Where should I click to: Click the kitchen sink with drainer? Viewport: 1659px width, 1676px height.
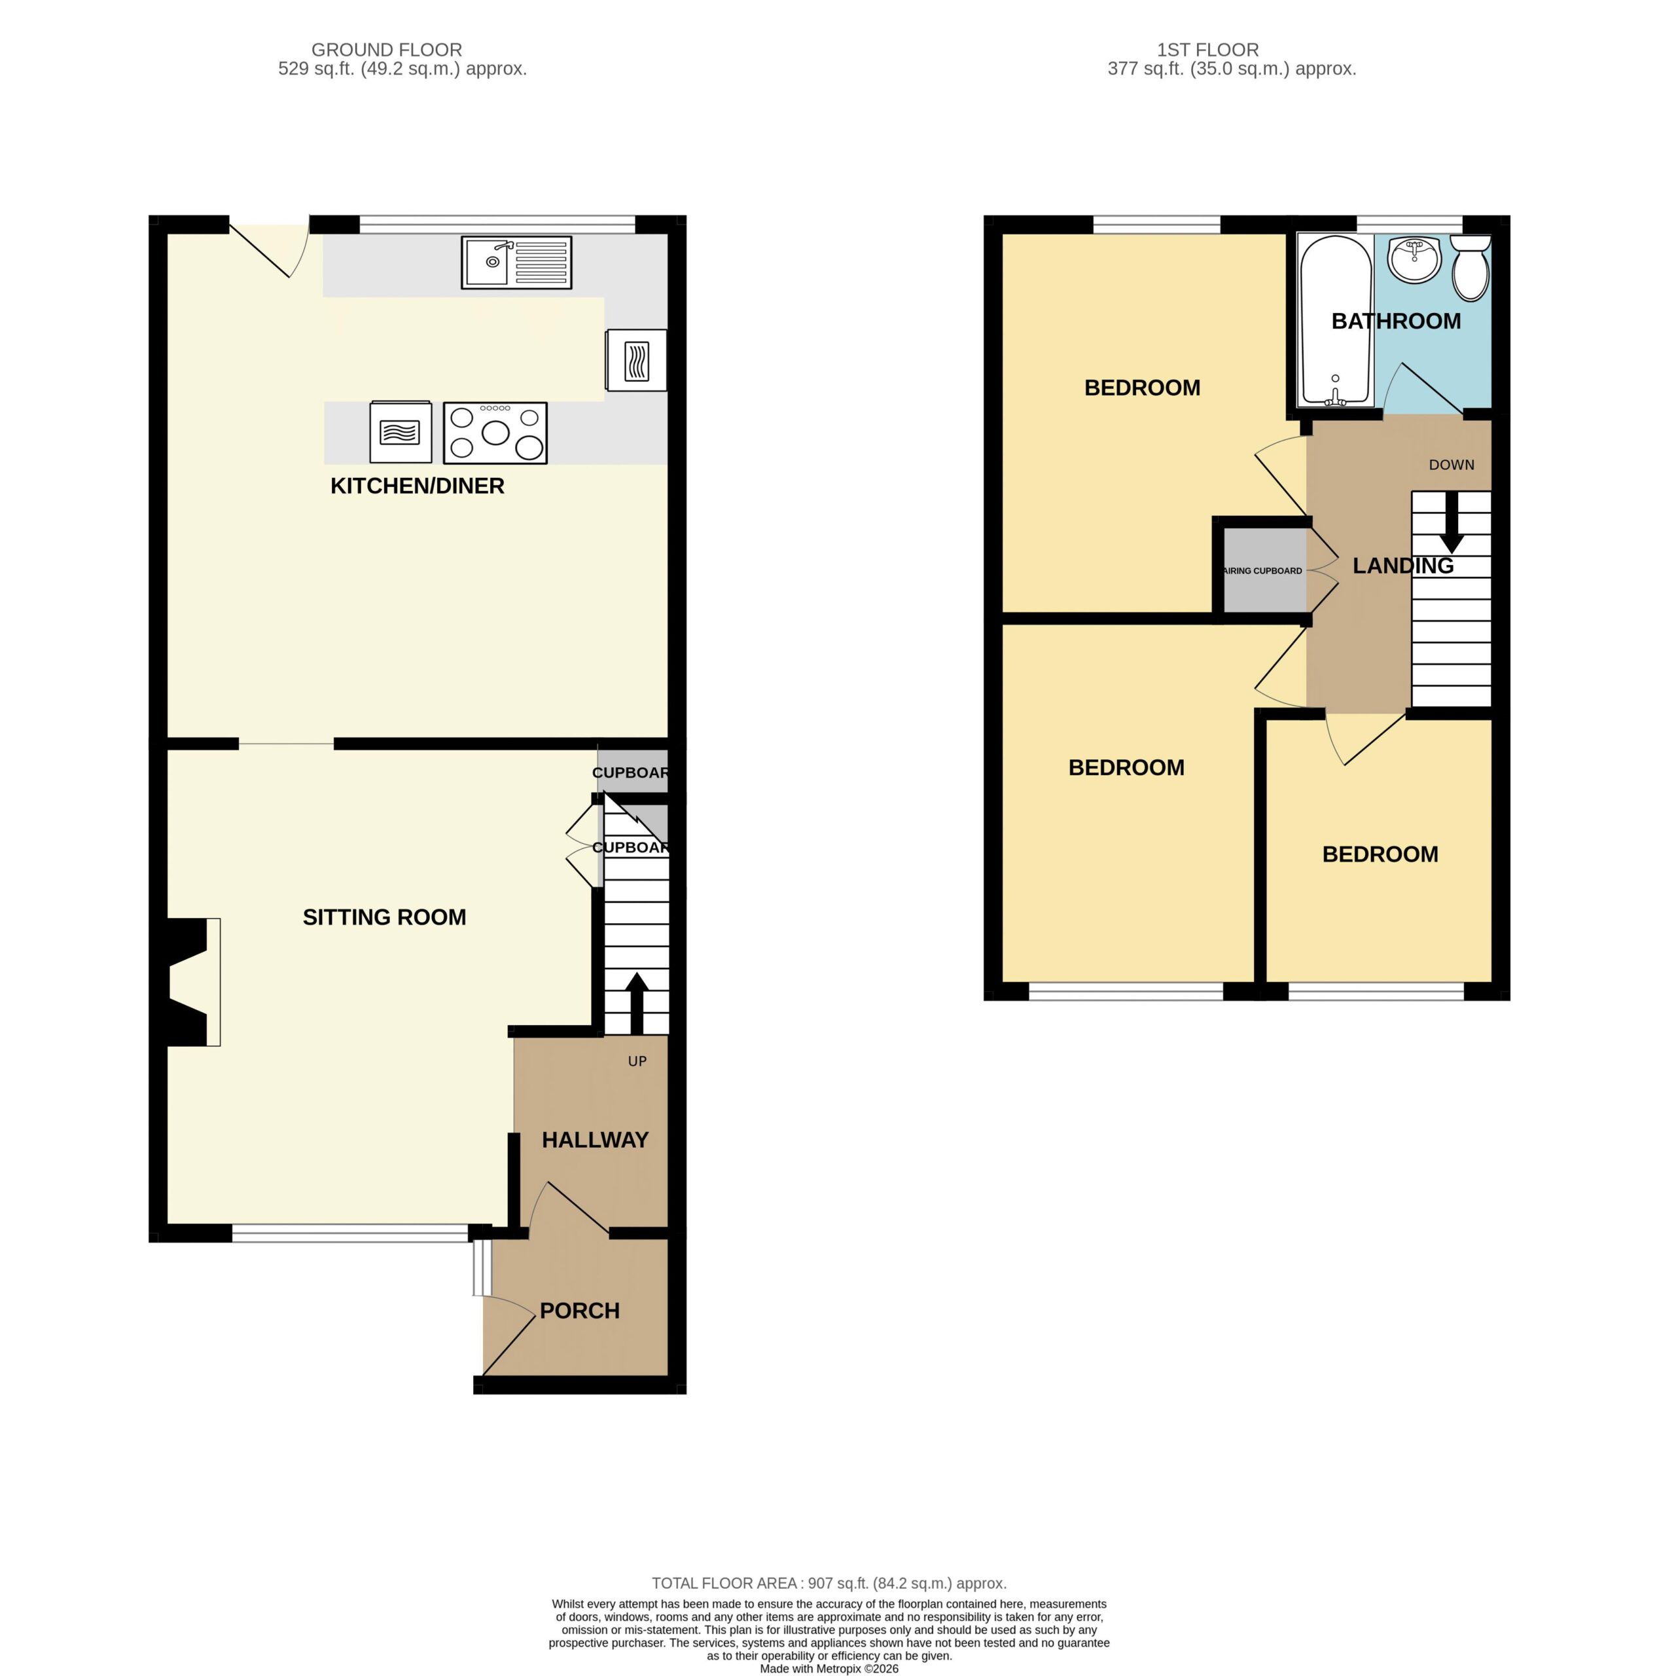(x=516, y=262)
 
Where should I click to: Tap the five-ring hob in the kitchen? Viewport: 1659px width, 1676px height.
(x=495, y=432)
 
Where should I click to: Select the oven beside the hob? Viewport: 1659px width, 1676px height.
(x=401, y=431)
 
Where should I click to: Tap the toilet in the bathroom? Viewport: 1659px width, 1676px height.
(x=1470, y=267)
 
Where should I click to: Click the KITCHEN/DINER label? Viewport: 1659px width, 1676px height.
(x=417, y=486)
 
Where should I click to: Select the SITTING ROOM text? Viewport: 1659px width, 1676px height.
(x=384, y=917)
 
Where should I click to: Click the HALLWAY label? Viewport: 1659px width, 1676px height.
(x=595, y=1140)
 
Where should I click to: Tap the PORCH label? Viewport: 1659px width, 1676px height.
(x=579, y=1311)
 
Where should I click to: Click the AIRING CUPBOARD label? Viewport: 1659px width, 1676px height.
(x=1262, y=571)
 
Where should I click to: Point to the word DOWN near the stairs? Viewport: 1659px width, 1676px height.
(x=1452, y=465)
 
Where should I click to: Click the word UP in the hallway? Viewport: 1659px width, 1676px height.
(x=637, y=1061)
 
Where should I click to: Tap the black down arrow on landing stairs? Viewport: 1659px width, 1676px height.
(x=1452, y=522)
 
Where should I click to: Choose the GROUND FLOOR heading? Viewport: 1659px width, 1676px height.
(x=387, y=50)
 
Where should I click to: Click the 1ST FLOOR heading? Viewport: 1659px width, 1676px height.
(x=1208, y=50)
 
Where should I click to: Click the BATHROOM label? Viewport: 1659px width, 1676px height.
(x=1396, y=321)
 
